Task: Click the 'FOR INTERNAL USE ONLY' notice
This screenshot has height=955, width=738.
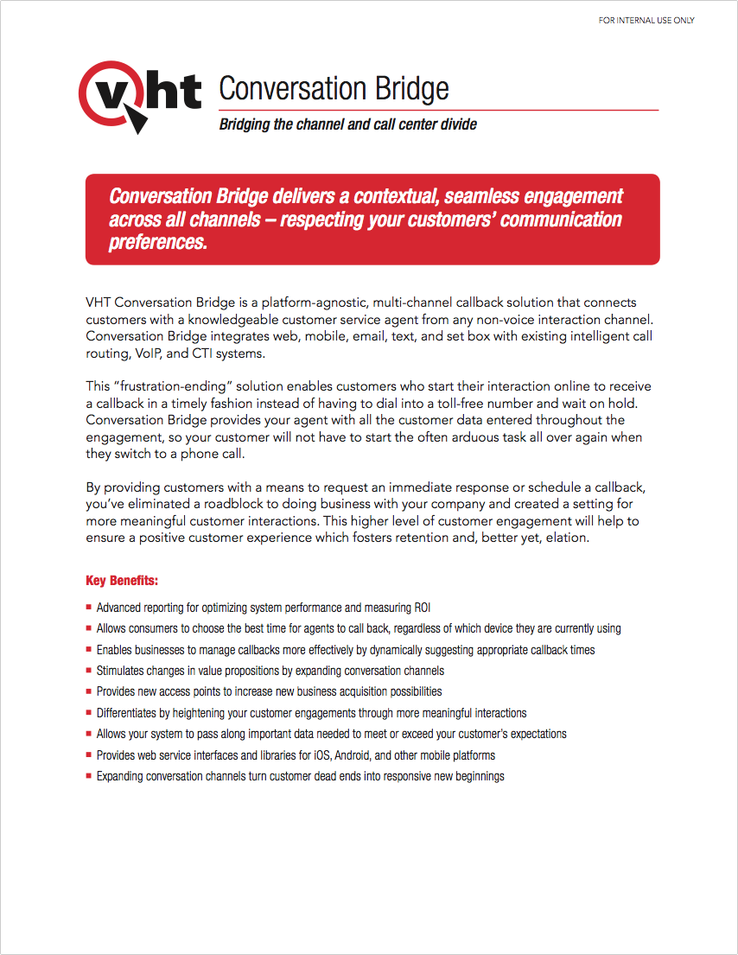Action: [646, 21]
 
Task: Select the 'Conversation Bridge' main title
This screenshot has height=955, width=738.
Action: [334, 88]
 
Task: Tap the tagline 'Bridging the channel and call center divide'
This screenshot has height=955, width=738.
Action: [347, 124]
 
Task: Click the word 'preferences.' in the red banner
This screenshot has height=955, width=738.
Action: [158, 242]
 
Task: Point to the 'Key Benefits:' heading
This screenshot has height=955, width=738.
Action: [122, 580]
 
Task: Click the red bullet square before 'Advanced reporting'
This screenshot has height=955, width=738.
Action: [89, 608]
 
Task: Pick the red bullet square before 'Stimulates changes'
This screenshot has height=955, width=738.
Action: [89, 671]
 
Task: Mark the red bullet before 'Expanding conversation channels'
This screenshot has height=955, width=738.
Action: [89, 776]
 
